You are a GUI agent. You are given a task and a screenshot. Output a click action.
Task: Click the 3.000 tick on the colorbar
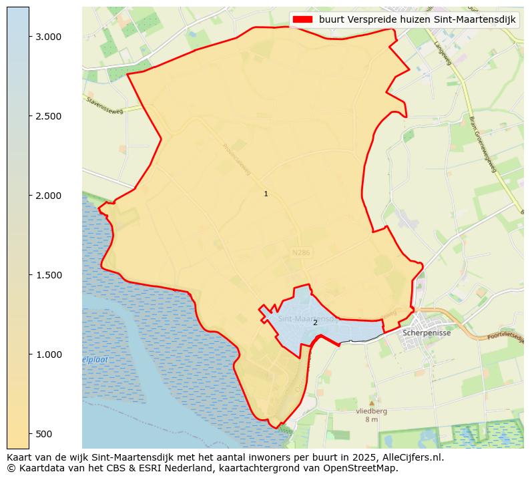[48, 37]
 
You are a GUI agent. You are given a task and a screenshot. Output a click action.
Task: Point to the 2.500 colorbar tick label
[48, 116]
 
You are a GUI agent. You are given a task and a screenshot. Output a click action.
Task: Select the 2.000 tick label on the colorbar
[48, 196]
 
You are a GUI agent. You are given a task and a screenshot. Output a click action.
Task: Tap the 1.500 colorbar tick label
[48, 275]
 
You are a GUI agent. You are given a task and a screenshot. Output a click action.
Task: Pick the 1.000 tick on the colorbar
[48, 354]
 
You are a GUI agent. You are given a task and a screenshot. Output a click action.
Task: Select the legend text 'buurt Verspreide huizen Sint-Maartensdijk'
[417, 20]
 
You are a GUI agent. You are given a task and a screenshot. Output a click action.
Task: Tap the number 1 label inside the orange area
[266, 194]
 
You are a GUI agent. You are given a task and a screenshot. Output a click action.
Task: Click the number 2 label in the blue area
[315, 322]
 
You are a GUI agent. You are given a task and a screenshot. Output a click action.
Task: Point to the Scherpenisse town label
[427, 332]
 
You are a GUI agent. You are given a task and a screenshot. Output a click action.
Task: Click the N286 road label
[302, 253]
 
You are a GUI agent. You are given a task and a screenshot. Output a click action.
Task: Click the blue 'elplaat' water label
[95, 360]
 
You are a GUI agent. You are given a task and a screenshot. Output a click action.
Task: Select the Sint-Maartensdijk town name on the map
[306, 319]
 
